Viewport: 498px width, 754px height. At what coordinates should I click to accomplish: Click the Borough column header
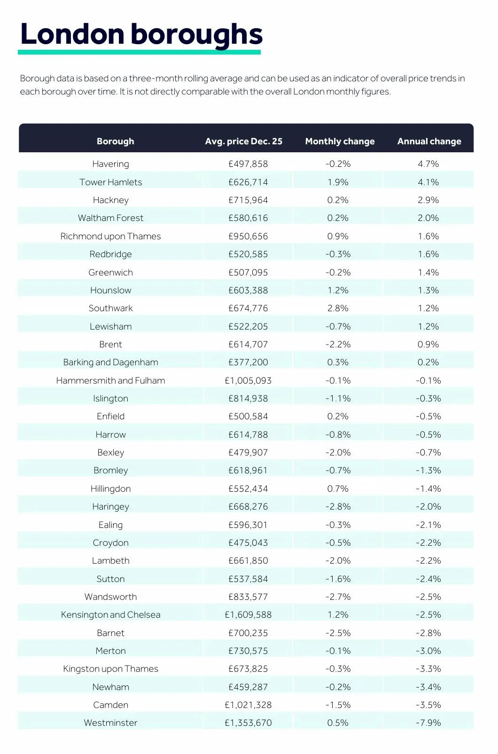pos(115,141)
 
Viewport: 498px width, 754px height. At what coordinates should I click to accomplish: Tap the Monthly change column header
pos(340,141)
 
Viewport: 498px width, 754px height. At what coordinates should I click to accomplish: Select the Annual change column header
pos(429,141)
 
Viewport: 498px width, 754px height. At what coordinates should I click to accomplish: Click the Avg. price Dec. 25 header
pos(243,141)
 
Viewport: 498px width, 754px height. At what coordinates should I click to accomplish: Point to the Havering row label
pos(110,164)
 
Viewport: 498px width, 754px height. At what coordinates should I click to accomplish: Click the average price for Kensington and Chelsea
pos(248,615)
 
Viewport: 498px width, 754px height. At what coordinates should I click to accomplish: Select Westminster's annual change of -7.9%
pos(428,723)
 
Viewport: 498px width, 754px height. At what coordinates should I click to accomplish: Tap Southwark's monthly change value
pos(338,308)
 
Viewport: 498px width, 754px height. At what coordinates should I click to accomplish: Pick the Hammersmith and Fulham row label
pos(110,381)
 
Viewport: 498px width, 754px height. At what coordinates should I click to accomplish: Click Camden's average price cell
pos(248,705)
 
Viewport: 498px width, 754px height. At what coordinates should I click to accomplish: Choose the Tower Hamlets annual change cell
pos(428,182)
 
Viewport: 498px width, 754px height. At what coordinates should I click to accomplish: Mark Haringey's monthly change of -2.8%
pos(338,507)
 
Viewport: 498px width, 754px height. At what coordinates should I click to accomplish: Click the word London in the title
pos(72,34)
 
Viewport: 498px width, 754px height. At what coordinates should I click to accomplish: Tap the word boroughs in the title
pos(196,35)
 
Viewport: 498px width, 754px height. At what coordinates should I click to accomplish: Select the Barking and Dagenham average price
pos(248,362)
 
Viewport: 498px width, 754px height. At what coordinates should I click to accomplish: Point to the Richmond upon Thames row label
pos(110,236)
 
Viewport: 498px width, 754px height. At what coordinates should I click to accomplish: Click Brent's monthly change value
pos(338,345)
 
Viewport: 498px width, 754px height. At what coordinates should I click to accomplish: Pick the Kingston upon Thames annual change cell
pos(428,669)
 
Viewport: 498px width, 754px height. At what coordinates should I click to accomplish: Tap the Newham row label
pos(110,687)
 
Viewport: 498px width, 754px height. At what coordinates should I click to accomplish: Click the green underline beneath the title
pos(139,52)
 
